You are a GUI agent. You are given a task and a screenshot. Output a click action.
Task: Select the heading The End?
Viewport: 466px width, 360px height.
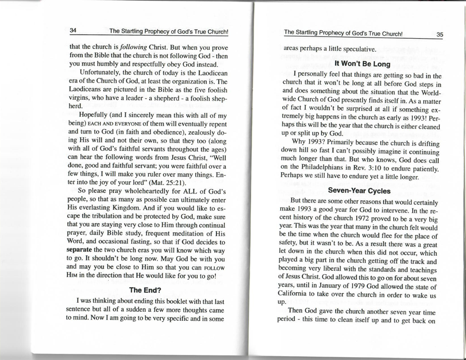coord(146,290)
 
